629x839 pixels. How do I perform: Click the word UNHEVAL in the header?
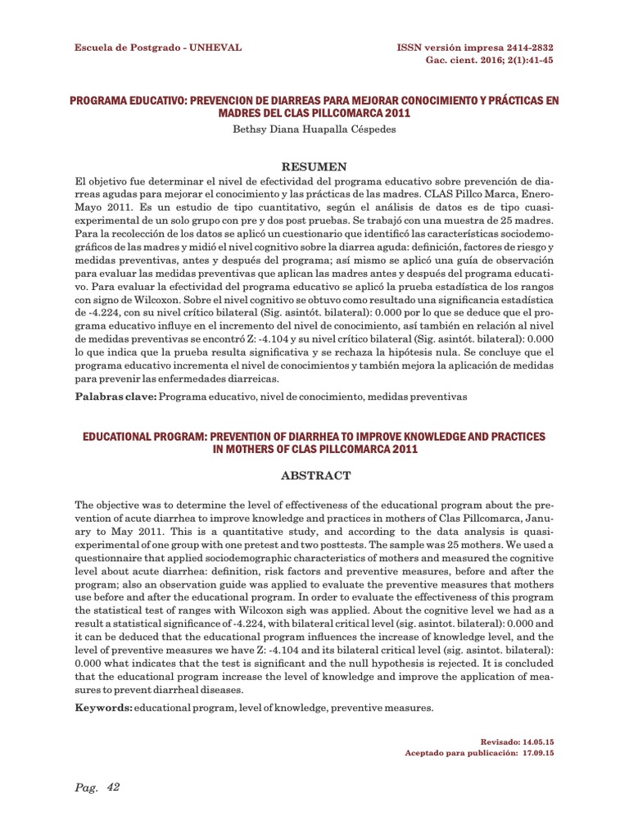tap(215, 48)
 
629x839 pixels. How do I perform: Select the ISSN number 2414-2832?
tap(523, 48)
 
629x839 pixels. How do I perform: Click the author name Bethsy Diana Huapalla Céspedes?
tap(314, 130)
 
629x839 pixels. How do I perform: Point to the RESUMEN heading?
tap(314, 166)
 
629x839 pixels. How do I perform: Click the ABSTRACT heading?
tap(315, 475)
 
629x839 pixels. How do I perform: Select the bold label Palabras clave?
tap(115, 397)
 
